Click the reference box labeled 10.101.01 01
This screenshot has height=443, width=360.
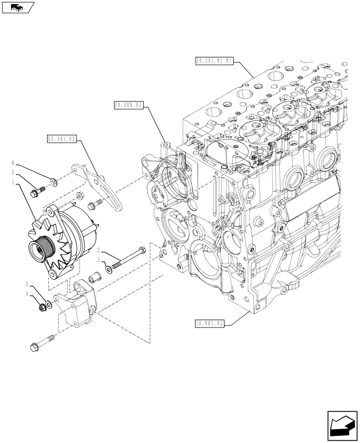point(214,61)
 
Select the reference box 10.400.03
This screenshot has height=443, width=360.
point(128,105)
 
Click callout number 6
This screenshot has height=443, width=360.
point(13,163)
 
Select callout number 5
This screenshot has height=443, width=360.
point(13,172)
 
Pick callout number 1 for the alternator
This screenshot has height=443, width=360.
point(13,182)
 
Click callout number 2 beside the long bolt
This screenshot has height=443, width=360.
point(99,251)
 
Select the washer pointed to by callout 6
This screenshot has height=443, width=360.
point(53,181)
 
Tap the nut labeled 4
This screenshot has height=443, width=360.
point(43,305)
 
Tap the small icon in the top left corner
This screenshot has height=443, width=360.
point(18,7)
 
